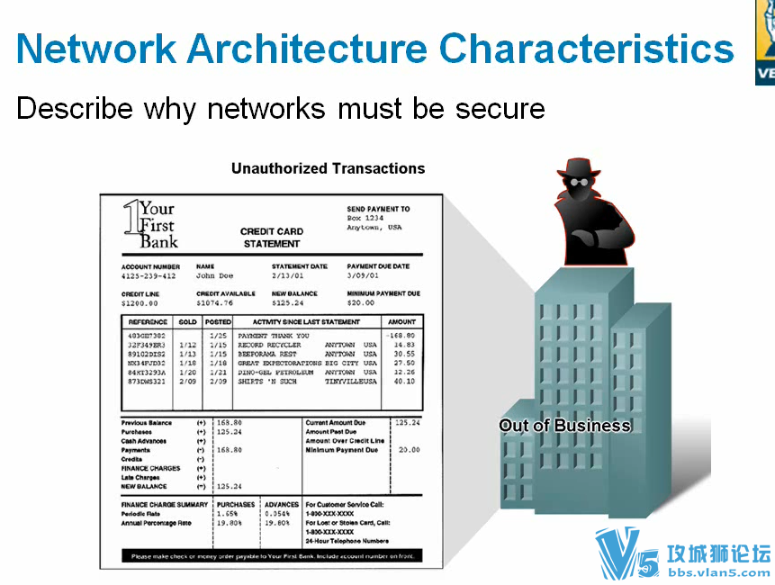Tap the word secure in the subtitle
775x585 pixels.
click(x=500, y=109)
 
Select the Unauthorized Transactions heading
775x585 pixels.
click(x=328, y=168)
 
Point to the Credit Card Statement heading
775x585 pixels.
click(x=271, y=238)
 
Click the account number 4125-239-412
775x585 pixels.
click(x=149, y=276)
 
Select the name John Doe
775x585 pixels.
click(x=214, y=276)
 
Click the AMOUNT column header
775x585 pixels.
click(x=401, y=321)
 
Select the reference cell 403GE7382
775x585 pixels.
click(x=147, y=336)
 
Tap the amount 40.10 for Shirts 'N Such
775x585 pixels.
click(x=404, y=382)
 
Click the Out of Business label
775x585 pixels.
click(x=565, y=426)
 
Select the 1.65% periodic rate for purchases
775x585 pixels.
click(x=229, y=514)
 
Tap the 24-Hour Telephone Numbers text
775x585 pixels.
click(x=347, y=541)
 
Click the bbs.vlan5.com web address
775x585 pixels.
click(x=718, y=571)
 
